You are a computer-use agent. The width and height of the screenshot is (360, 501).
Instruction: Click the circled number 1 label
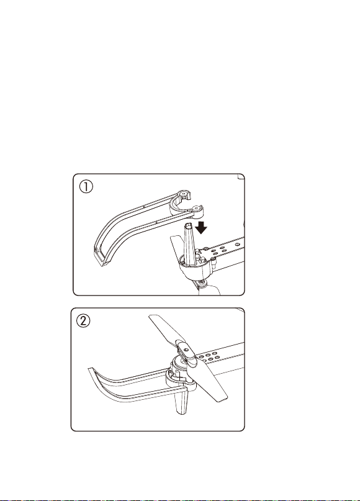coord(86,187)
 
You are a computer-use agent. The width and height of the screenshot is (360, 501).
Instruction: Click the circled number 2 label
coord(83,321)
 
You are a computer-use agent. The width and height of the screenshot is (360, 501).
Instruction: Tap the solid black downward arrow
coord(201,227)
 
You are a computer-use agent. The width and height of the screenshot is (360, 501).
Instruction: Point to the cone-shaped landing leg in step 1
coord(189,245)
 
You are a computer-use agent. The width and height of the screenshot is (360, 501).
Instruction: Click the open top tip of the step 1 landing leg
coord(188,226)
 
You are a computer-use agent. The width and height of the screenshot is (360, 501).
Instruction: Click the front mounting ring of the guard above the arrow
coord(197,209)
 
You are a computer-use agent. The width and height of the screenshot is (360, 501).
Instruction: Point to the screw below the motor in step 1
coord(202,282)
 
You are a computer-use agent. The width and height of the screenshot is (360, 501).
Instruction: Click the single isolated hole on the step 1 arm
coord(236,244)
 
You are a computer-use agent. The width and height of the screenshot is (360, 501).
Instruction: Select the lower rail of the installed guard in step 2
coord(144,395)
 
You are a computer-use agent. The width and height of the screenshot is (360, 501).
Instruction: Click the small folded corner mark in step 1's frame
coord(241,177)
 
